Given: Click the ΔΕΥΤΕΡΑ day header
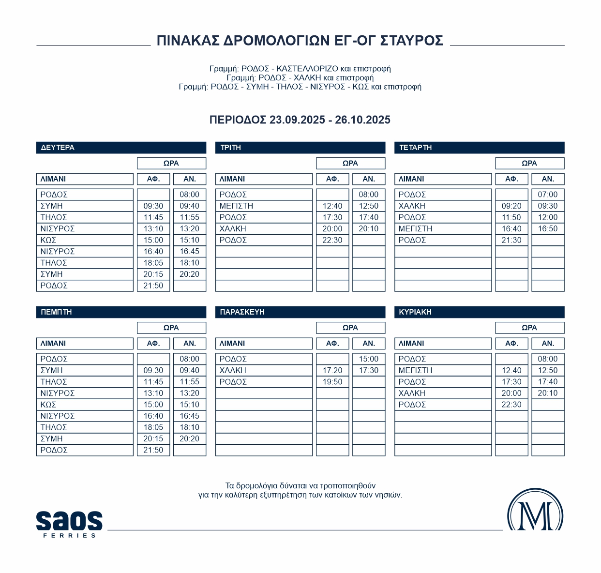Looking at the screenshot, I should (x=58, y=148).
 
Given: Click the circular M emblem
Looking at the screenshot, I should (x=535, y=511).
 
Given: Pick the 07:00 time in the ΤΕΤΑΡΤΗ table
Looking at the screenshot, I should (x=548, y=195).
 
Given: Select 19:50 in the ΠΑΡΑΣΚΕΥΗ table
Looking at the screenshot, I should (x=332, y=382).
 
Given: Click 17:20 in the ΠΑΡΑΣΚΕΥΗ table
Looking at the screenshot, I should (x=332, y=370).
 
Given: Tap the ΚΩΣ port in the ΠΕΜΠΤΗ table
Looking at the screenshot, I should (x=48, y=405).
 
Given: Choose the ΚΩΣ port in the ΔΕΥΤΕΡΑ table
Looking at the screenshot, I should (x=48, y=240).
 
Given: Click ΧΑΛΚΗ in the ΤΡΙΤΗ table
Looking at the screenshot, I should (x=233, y=228).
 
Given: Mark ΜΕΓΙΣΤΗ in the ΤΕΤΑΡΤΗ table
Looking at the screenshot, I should (x=415, y=228).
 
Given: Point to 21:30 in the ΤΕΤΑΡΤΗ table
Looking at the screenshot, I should (x=511, y=240).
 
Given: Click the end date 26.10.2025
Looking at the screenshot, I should (x=362, y=120).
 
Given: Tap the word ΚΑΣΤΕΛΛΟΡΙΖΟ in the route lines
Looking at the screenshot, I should (x=307, y=69).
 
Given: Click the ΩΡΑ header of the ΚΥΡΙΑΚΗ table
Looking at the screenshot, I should (x=529, y=328).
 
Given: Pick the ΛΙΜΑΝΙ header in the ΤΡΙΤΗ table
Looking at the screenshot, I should (x=232, y=179).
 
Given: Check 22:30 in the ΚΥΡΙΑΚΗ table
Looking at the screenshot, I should (x=511, y=405).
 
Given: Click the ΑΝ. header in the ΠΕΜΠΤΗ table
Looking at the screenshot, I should (x=190, y=344).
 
